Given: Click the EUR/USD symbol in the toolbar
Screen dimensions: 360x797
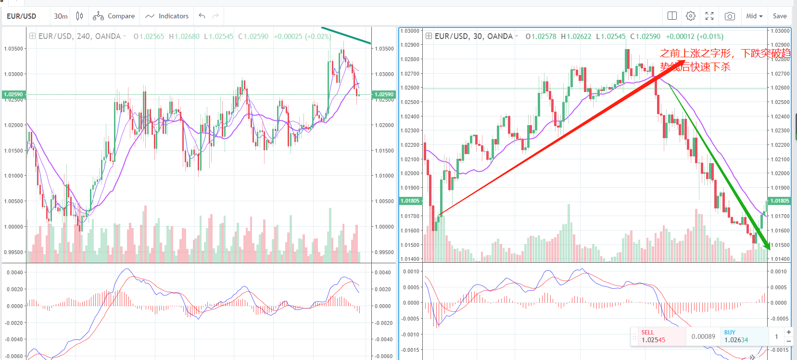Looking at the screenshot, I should tap(22, 16).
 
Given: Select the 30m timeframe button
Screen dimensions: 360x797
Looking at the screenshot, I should tap(61, 16).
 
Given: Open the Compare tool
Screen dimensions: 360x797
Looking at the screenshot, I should tap(114, 16).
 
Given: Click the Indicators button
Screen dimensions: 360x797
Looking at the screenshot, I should tap(167, 16).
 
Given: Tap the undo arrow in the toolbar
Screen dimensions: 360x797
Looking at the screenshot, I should tap(202, 16).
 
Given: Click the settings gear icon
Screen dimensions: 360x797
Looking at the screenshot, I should tap(691, 16).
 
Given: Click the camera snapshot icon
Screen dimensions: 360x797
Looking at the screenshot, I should tap(730, 16).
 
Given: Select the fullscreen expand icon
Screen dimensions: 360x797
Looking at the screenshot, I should tap(709, 16).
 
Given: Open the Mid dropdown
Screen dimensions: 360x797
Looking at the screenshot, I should tap(754, 16).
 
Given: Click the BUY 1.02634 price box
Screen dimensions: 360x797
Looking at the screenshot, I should tap(741, 336).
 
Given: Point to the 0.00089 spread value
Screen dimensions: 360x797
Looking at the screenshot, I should tap(703, 336).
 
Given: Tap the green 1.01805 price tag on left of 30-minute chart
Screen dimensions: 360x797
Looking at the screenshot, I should tap(410, 201).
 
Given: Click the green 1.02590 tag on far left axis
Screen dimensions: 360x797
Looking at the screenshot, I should tap(13, 94).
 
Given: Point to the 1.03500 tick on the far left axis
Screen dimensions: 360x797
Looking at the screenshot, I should tap(13, 49).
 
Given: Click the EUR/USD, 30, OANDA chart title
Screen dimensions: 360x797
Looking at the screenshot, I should tap(473, 37).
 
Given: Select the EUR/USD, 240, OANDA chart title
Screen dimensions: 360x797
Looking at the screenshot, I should tap(79, 37).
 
